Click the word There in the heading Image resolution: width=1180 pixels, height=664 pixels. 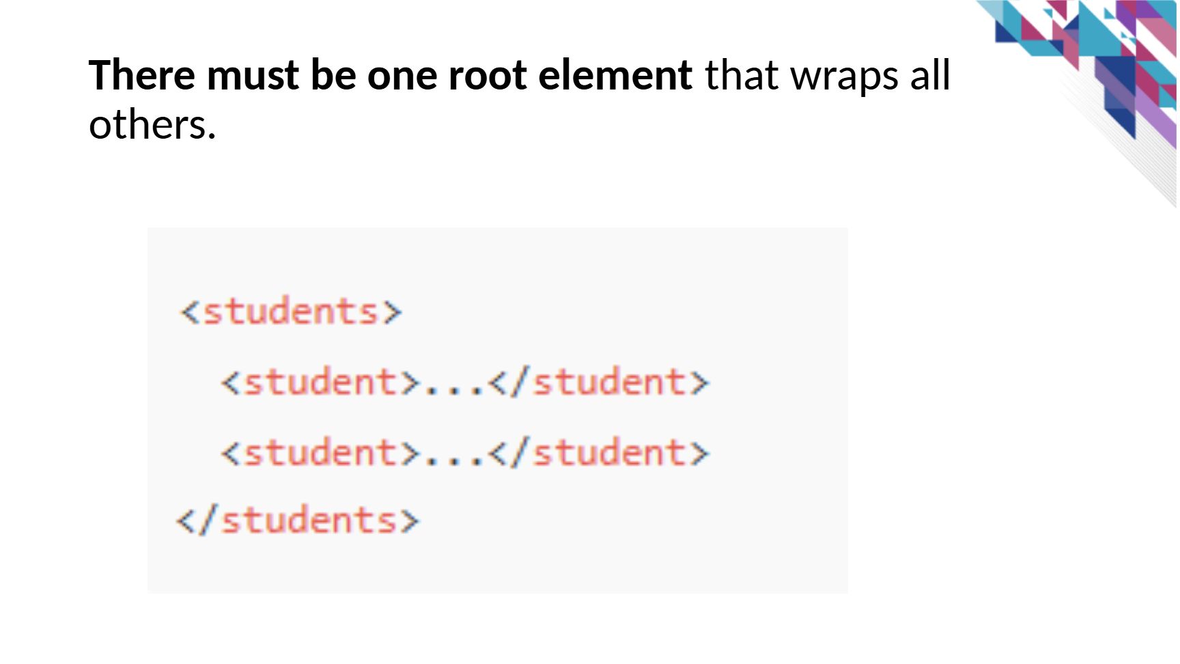142,74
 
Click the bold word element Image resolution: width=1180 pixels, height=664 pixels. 615,74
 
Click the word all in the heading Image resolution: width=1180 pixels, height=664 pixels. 930,74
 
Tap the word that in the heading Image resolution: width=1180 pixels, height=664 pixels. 742,74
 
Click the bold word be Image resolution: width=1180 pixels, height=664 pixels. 333,74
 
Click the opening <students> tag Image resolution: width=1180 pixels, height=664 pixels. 291,312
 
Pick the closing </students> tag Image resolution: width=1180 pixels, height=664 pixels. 298,521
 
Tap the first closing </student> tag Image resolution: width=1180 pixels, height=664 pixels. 600,381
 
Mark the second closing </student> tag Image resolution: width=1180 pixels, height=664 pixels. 600,452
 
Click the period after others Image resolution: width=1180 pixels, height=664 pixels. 212,137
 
